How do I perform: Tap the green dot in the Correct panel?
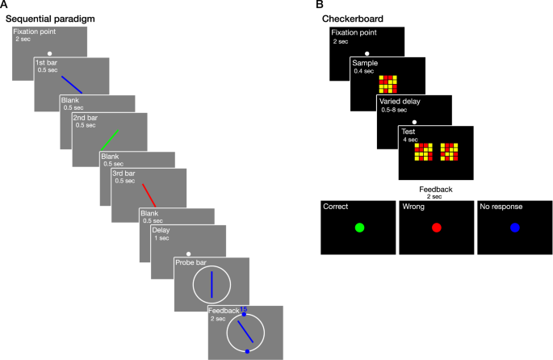click(359, 228)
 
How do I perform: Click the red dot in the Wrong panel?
click(437, 228)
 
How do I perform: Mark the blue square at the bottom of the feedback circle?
click(247, 351)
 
